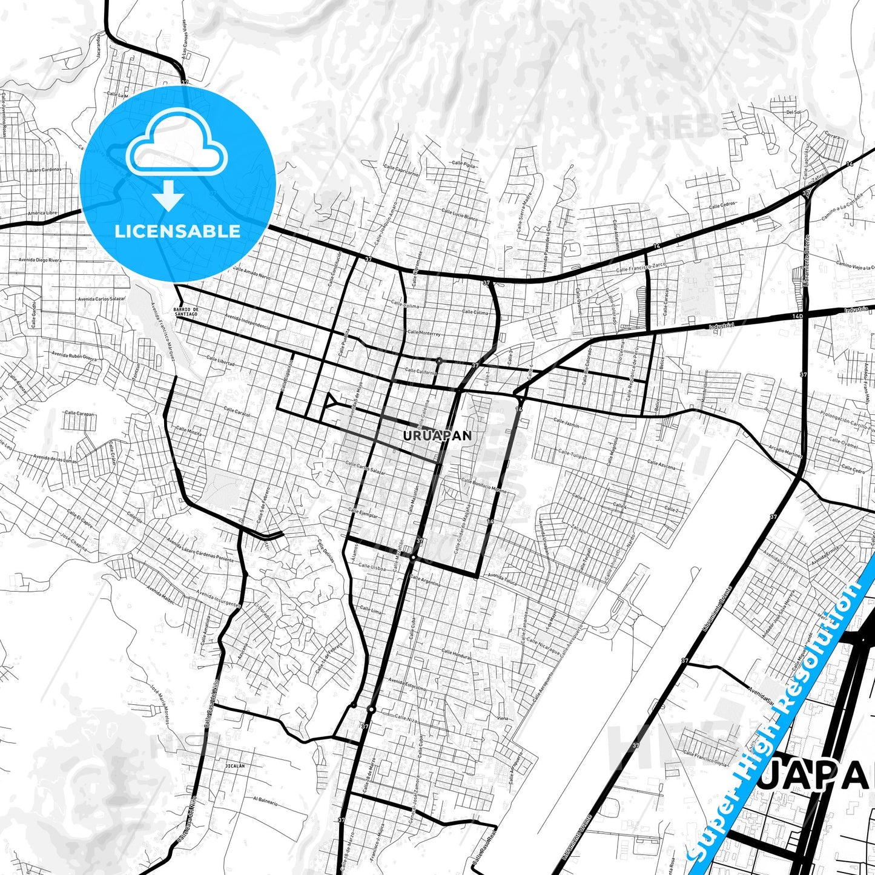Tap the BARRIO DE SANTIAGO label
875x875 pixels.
click(185, 311)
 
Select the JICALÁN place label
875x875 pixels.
click(234, 765)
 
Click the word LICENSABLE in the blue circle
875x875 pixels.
click(177, 231)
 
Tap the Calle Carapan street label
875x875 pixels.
click(79, 414)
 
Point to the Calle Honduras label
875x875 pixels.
click(456, 655)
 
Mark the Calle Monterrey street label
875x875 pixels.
click(424, 333)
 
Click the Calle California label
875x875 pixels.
click(420, 371)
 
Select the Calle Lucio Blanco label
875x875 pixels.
click(460, 215)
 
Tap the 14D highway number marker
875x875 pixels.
click(797, 315)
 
